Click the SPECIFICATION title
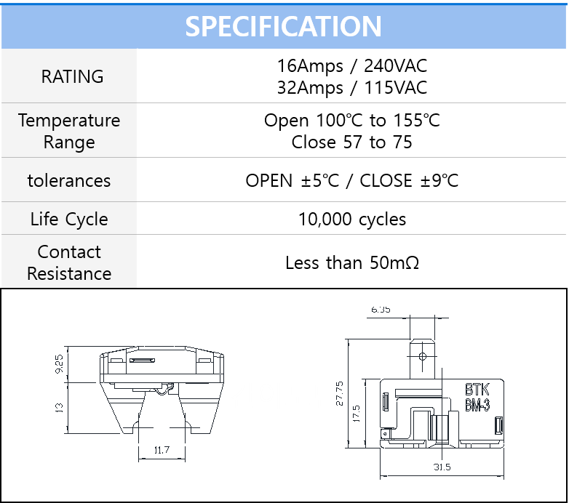[x=283, y=26]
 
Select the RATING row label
[x=72, y=76]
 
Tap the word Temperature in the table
[x=69, y=120]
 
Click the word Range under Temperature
[x=69, y=142]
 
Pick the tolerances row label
[x=69, y=180]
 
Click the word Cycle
[x=87, y=220]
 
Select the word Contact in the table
[x=69, y=251]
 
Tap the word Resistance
[x=69, y=274]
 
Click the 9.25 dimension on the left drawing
[x=60, y=363]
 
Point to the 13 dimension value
[x=60, y=408]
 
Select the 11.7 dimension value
[x=161, y=451]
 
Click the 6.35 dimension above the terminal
[x=381, y=310]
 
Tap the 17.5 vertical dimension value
[x=357, y=414]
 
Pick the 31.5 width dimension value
[x=442, y=467]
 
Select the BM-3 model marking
[x=478, y=406]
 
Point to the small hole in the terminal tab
[x=421, y=357]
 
